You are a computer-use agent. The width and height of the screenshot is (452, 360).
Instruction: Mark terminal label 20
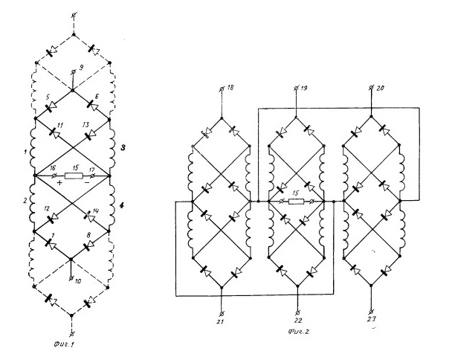coord(381,86)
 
